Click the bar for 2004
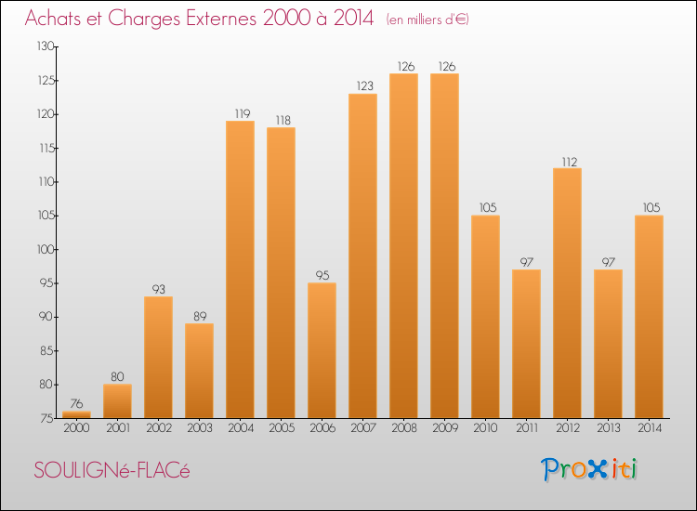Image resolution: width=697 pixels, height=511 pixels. (240, 269)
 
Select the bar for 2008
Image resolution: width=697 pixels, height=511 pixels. (403, 245)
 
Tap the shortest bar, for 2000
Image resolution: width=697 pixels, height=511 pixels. (76, 414)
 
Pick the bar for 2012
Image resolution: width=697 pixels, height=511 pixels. (567, 293)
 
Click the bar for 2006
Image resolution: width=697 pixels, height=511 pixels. (322, 350)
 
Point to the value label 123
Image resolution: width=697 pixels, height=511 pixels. (362, 86)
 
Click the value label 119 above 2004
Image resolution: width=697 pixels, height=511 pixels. (240, 113)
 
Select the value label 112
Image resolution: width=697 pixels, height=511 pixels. (567, 161)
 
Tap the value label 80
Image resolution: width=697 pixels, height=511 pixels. (117, 376)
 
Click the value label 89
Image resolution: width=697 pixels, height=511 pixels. (199, 316)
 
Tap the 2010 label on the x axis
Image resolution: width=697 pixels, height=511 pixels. (485, 429)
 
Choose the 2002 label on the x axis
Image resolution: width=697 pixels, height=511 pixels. (158, 429)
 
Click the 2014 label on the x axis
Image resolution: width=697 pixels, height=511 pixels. (649, 429)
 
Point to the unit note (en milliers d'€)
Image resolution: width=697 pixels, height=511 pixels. (427, 20)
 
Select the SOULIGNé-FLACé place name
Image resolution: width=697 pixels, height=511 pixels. (112, 471)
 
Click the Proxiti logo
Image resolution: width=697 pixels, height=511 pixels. (589, 469)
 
